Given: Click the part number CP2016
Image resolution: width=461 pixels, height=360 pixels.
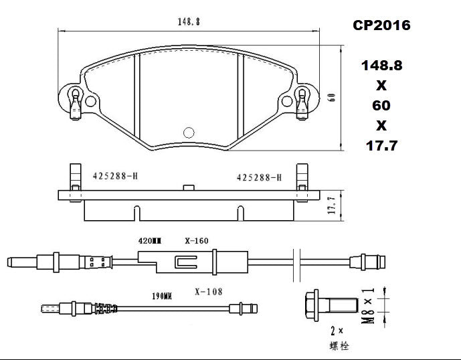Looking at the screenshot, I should [x=381, y=25].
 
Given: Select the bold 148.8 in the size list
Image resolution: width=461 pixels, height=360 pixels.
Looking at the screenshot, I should [x=381, y=66].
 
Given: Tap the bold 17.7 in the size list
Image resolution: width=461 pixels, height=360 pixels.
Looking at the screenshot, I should [x=381, y=145].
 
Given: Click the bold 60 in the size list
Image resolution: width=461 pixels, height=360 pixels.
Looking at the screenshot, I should [x=381, y=105].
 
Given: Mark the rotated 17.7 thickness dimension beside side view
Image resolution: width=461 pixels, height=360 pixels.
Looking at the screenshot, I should [x=331, y=206].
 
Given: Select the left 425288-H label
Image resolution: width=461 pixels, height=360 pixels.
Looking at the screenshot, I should [x=115, y=176].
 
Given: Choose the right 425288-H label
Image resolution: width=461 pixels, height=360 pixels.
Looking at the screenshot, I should [x=259, y=177].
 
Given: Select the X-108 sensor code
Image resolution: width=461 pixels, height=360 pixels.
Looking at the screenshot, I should [x=208, y=292].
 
